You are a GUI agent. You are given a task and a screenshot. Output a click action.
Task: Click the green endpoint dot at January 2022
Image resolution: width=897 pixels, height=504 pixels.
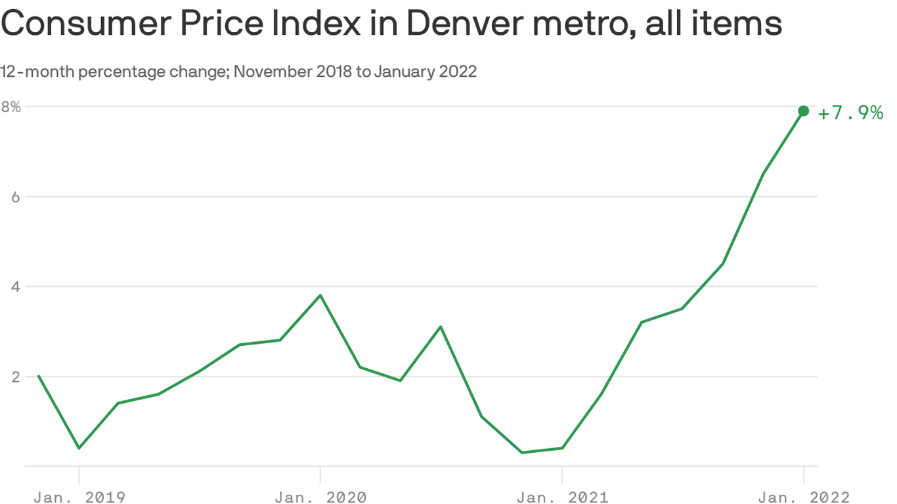[x=803, y=111]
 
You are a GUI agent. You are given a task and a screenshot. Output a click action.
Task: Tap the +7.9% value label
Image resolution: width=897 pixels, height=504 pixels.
[x=850, y=113]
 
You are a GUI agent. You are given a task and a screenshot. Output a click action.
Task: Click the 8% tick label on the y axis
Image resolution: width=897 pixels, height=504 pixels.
[x=11, y=106]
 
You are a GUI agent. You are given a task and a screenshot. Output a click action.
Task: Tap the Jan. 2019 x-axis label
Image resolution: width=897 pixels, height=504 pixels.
[x=79, y=497]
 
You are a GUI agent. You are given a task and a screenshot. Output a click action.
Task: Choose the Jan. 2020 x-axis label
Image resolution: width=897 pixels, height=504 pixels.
[x=320, y=497]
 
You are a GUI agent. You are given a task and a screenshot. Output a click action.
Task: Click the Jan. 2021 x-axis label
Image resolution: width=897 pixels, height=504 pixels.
[x=562, y=497]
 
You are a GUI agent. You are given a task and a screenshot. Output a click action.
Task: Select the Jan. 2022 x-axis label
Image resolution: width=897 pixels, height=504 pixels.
[x=803, y=497]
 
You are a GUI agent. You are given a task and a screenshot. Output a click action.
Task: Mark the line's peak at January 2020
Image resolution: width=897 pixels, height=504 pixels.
[x=320, y=295]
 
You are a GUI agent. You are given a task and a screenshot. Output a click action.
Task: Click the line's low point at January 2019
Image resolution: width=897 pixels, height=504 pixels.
[x=79, y=448]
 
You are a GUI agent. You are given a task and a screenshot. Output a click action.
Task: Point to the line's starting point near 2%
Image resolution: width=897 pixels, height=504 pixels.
[x=39, y=376]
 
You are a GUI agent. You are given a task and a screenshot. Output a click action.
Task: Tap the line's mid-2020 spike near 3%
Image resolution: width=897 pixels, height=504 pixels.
[x=441, y=326]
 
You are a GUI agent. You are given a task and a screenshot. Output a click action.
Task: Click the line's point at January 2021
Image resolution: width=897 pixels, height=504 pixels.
[x=562, y=448]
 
